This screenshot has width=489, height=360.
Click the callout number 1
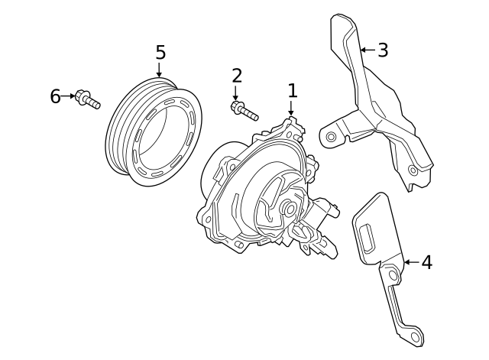click(292, 91)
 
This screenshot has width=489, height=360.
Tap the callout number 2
click(237, 75)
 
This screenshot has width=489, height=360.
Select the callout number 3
click(384, 50)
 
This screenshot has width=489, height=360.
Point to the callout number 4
click(426, 262)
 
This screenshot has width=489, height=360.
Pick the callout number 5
click(160, 52)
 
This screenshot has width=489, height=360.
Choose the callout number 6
click(55, 96)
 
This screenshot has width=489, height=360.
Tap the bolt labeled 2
click(243, 110)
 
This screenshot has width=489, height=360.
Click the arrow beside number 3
click(367, 50)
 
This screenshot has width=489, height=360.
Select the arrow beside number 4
click(410, 262)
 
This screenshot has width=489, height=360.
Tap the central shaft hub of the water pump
click(289, 208)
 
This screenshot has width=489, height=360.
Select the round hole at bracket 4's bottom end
click(413, 334)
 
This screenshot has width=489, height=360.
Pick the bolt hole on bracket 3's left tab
click(330, 138)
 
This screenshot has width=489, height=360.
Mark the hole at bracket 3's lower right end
click(413, 170)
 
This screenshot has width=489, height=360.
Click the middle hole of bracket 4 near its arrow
click(392, 273)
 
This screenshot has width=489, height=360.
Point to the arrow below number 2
click(236, 94)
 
